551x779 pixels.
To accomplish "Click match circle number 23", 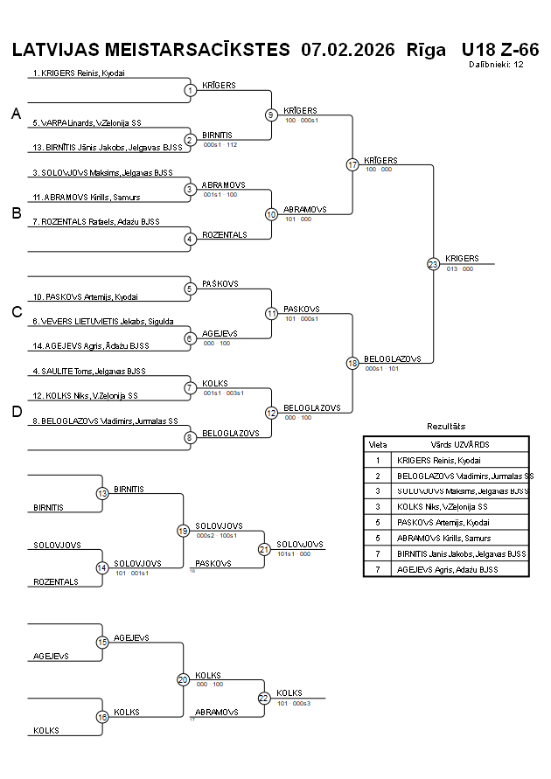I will (433, 264).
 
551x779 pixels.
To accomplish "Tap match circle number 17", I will (352, 164).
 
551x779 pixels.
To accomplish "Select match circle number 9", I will (271, 115).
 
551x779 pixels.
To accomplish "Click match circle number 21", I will (264, 549).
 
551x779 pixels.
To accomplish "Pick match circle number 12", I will (271, 412).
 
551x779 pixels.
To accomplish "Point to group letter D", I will (16, 412).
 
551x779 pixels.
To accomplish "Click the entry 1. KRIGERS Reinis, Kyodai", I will (79, 73).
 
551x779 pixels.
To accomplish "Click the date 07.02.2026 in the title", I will (347, 49).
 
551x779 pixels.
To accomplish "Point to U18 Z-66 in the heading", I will (499, 49).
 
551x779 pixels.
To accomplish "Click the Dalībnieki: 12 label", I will (496, 64).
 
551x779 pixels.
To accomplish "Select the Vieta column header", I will (378, 444).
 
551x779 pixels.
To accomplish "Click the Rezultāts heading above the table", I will (446, 426).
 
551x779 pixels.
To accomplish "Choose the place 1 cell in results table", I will (378, 460).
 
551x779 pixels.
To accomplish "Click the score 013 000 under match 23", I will (460, 269).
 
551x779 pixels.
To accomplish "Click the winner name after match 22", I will (289, 692).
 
